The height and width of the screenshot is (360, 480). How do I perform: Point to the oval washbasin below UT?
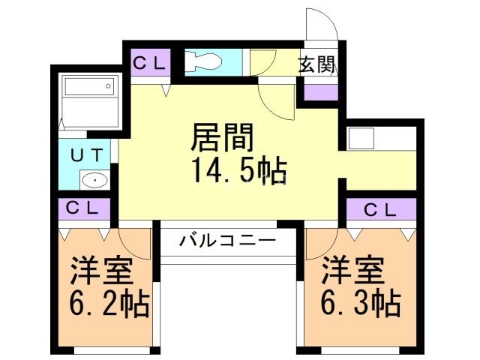(95, 180)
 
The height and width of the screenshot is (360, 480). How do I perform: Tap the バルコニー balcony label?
(227, 241)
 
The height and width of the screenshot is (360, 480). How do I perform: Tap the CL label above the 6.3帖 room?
(379, 210)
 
